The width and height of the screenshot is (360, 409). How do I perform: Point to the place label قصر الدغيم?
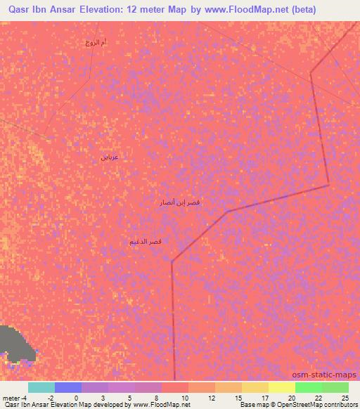pyautogui.click(x=146, y=242)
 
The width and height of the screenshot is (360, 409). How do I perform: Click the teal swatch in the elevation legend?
pyautogui.click(x=41, y=387)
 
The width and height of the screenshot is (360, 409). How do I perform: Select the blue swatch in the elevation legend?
pyautogui.click(x=68, y=387)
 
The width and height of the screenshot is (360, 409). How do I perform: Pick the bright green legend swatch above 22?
pyautogui.click(x=308, y=387)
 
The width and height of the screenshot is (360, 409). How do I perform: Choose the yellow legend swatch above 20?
pyautogui.click(x=281, y=387)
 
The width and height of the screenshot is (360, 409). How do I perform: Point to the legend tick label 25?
pyautogui.click(x=345, y=398)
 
